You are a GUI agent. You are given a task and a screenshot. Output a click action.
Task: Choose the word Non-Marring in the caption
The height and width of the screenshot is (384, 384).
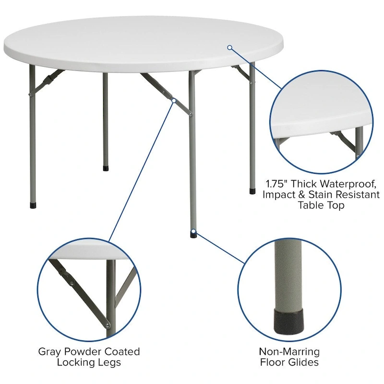[x=289, y=351]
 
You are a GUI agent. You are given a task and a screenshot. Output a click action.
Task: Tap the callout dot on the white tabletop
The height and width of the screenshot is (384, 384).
[x=230, y=47]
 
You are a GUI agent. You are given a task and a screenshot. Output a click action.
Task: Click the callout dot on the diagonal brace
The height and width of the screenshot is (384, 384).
[x=174, y=100]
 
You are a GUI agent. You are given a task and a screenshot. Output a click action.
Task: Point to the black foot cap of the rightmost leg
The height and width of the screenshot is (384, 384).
[x=252, y=191]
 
